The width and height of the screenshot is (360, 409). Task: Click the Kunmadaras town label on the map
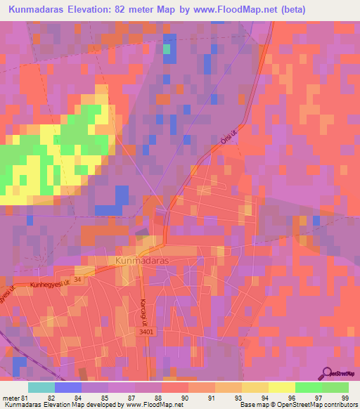pos(137,259)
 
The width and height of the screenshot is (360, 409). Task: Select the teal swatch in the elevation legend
pos(41,387)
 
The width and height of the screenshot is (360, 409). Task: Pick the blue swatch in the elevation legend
pos(68,387)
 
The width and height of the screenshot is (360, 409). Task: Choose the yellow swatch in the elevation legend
pos(282,387)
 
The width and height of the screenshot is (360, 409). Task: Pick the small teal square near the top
pos(167,49)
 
